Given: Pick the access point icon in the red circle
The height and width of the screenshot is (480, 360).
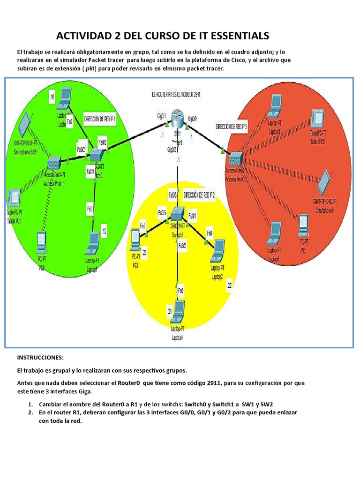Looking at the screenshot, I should click(234, 157).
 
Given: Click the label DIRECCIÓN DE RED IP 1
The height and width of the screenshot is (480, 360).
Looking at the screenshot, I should click(99, 119).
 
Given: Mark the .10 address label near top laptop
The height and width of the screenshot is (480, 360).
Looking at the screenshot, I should click(52, 97).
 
